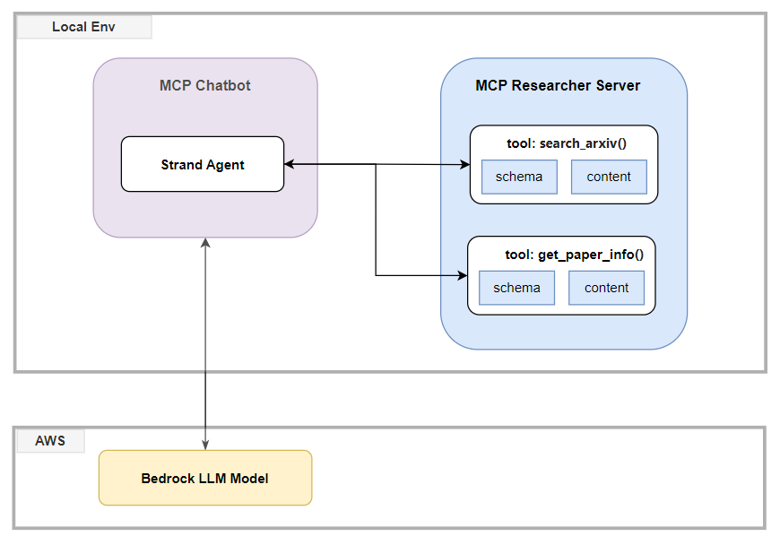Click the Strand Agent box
coord(203,164)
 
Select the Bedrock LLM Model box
coord(205,478)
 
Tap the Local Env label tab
coord(84,27)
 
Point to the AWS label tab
coord(51,441)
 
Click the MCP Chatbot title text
coord(205,85)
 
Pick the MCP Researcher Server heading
coord(558,85)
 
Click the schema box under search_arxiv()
coord(519,177)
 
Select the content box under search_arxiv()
coord(609,177)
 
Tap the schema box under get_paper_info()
coord(516,288)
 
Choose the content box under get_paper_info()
coord(606,288)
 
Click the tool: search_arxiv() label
coord(567,143)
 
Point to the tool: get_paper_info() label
coord(575,255)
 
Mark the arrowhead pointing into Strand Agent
coord(289,164)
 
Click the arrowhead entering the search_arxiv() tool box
coord(465,165)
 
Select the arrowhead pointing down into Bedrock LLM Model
coord(205,445)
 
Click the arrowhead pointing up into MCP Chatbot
coord(205,243)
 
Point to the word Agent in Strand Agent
coord(224,165)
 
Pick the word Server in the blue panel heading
coord(619,85)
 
